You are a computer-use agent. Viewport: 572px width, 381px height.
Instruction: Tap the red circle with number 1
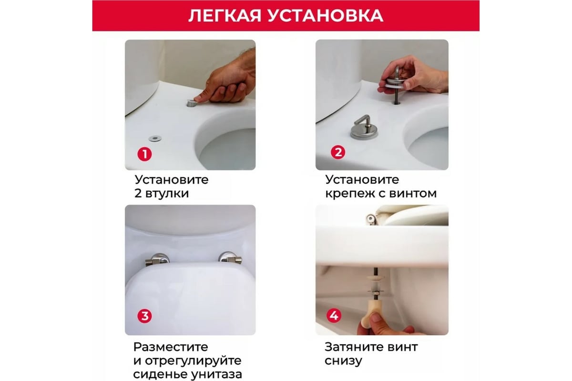pyautogui.click(x=144, y=154)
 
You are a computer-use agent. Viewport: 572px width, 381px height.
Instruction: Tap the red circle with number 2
pyautogui.click(x=337, y=153)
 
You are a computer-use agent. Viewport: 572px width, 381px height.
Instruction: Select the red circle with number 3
pyautogui.click(x=144, y=316)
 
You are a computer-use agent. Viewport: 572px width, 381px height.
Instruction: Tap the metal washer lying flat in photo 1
pyautogui.click(x=154, y=138)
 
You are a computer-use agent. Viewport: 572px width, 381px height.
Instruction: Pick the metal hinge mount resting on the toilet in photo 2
pyautogui.click(x=364, y=129)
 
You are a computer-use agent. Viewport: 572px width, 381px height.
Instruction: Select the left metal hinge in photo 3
pyautogui.click(x=158, y=260)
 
